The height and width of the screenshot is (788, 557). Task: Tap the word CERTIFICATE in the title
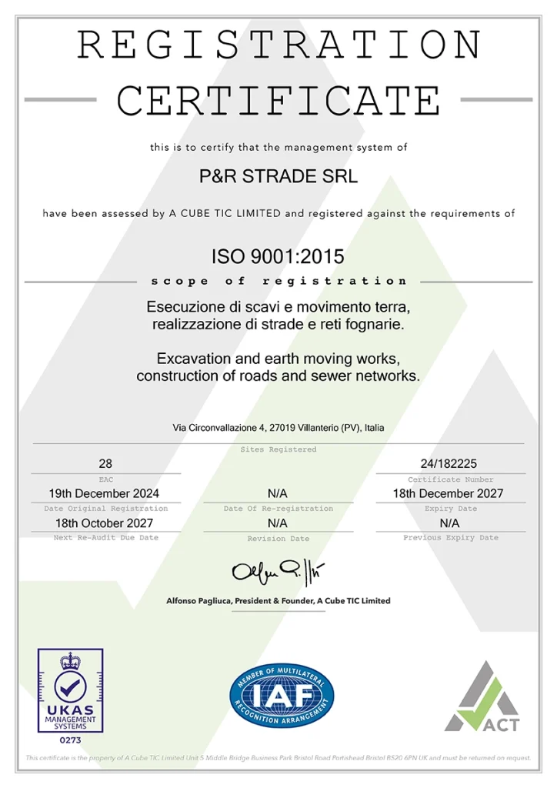pos(278,100)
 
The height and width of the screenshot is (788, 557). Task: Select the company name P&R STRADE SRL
pos(278,176)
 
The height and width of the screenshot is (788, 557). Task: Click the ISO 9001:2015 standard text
pos(278,256)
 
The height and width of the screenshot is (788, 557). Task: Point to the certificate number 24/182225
pos(450,464)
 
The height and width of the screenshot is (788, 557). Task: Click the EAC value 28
pos(106,464)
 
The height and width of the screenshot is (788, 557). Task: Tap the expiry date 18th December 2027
pos(450,493)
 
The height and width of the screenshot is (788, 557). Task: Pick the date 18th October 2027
pos(106,523)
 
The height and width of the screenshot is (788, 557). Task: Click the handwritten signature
pos(278,572)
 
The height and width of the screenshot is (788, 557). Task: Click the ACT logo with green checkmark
pos(482,696)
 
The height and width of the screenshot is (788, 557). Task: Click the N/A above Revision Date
pos(278,523)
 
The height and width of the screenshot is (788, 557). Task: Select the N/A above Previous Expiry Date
pos(450,523)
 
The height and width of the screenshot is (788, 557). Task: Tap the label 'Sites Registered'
pos(278,449)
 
